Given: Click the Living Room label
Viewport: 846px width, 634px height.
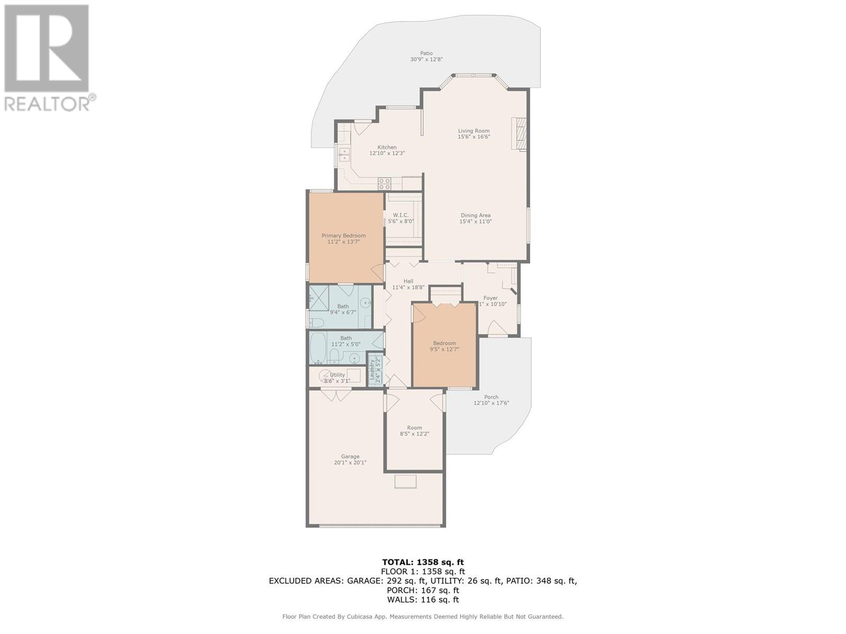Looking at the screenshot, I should click(473, 131).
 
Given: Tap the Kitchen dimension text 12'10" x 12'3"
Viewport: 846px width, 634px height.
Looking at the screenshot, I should click(387, 154).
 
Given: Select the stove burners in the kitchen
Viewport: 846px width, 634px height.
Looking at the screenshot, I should click(384, 183).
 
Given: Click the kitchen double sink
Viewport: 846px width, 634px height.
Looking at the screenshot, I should click(345, 154).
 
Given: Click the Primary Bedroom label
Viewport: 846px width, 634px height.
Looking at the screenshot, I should click(343, 236).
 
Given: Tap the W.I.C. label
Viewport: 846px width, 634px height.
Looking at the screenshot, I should click(400, 215).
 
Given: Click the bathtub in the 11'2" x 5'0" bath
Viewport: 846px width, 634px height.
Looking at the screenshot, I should click(319, 347).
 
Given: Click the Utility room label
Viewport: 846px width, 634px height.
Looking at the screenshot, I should click(337, 375).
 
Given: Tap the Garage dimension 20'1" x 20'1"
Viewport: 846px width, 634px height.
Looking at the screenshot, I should click(350, 463).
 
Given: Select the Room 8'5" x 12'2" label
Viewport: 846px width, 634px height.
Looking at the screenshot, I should click(414, 428).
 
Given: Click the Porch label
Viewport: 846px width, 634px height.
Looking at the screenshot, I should click(491, 397).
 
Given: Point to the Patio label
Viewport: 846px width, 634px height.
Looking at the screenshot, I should click(426, 53).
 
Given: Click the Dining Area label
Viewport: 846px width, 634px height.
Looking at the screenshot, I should click(475, 216).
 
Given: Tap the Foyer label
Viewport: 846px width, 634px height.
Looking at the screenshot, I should click(490, 298).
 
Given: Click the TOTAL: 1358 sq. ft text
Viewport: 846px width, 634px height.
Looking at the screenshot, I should click(422, 562).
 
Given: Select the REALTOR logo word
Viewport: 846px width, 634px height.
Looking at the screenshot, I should click(48, 104).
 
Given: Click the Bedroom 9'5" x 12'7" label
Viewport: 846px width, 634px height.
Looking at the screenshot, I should click(444, 343).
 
